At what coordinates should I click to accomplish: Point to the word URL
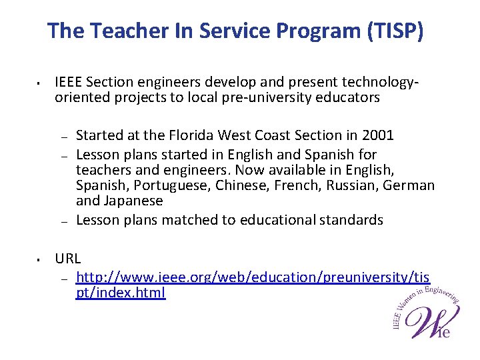click(67, 258)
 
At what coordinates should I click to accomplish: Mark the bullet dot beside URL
click(40, 259)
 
